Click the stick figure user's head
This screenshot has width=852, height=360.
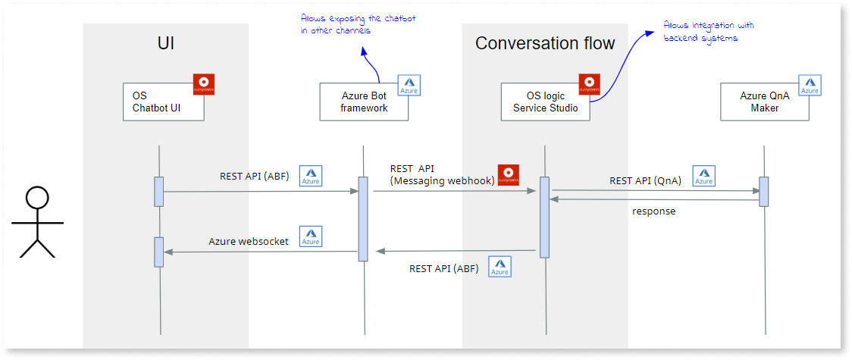pos(36,199)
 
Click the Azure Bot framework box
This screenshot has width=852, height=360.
pos(364,102)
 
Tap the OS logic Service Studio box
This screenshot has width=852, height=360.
pos(546,102)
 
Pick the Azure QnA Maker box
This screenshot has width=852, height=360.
pos(764,102)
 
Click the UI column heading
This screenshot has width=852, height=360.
pos(165,43)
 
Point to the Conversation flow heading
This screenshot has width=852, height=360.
pos(545,43)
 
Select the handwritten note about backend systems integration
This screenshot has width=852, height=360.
pos(708,32)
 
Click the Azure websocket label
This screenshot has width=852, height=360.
pos(249,242)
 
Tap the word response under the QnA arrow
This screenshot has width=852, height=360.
pos(653,211)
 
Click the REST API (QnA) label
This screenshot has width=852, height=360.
pos(645,181)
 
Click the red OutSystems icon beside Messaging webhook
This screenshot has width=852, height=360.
pos(507,174)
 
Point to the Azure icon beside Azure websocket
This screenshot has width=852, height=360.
pos(310,236)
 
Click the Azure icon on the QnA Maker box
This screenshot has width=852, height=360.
pos(810,85)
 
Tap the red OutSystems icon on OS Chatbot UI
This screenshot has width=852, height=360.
pos(204,84)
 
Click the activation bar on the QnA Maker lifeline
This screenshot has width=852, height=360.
pos(763,191)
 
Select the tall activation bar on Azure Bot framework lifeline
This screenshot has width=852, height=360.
pos(363,218)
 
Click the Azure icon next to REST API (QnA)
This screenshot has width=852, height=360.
pos(704,176)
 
